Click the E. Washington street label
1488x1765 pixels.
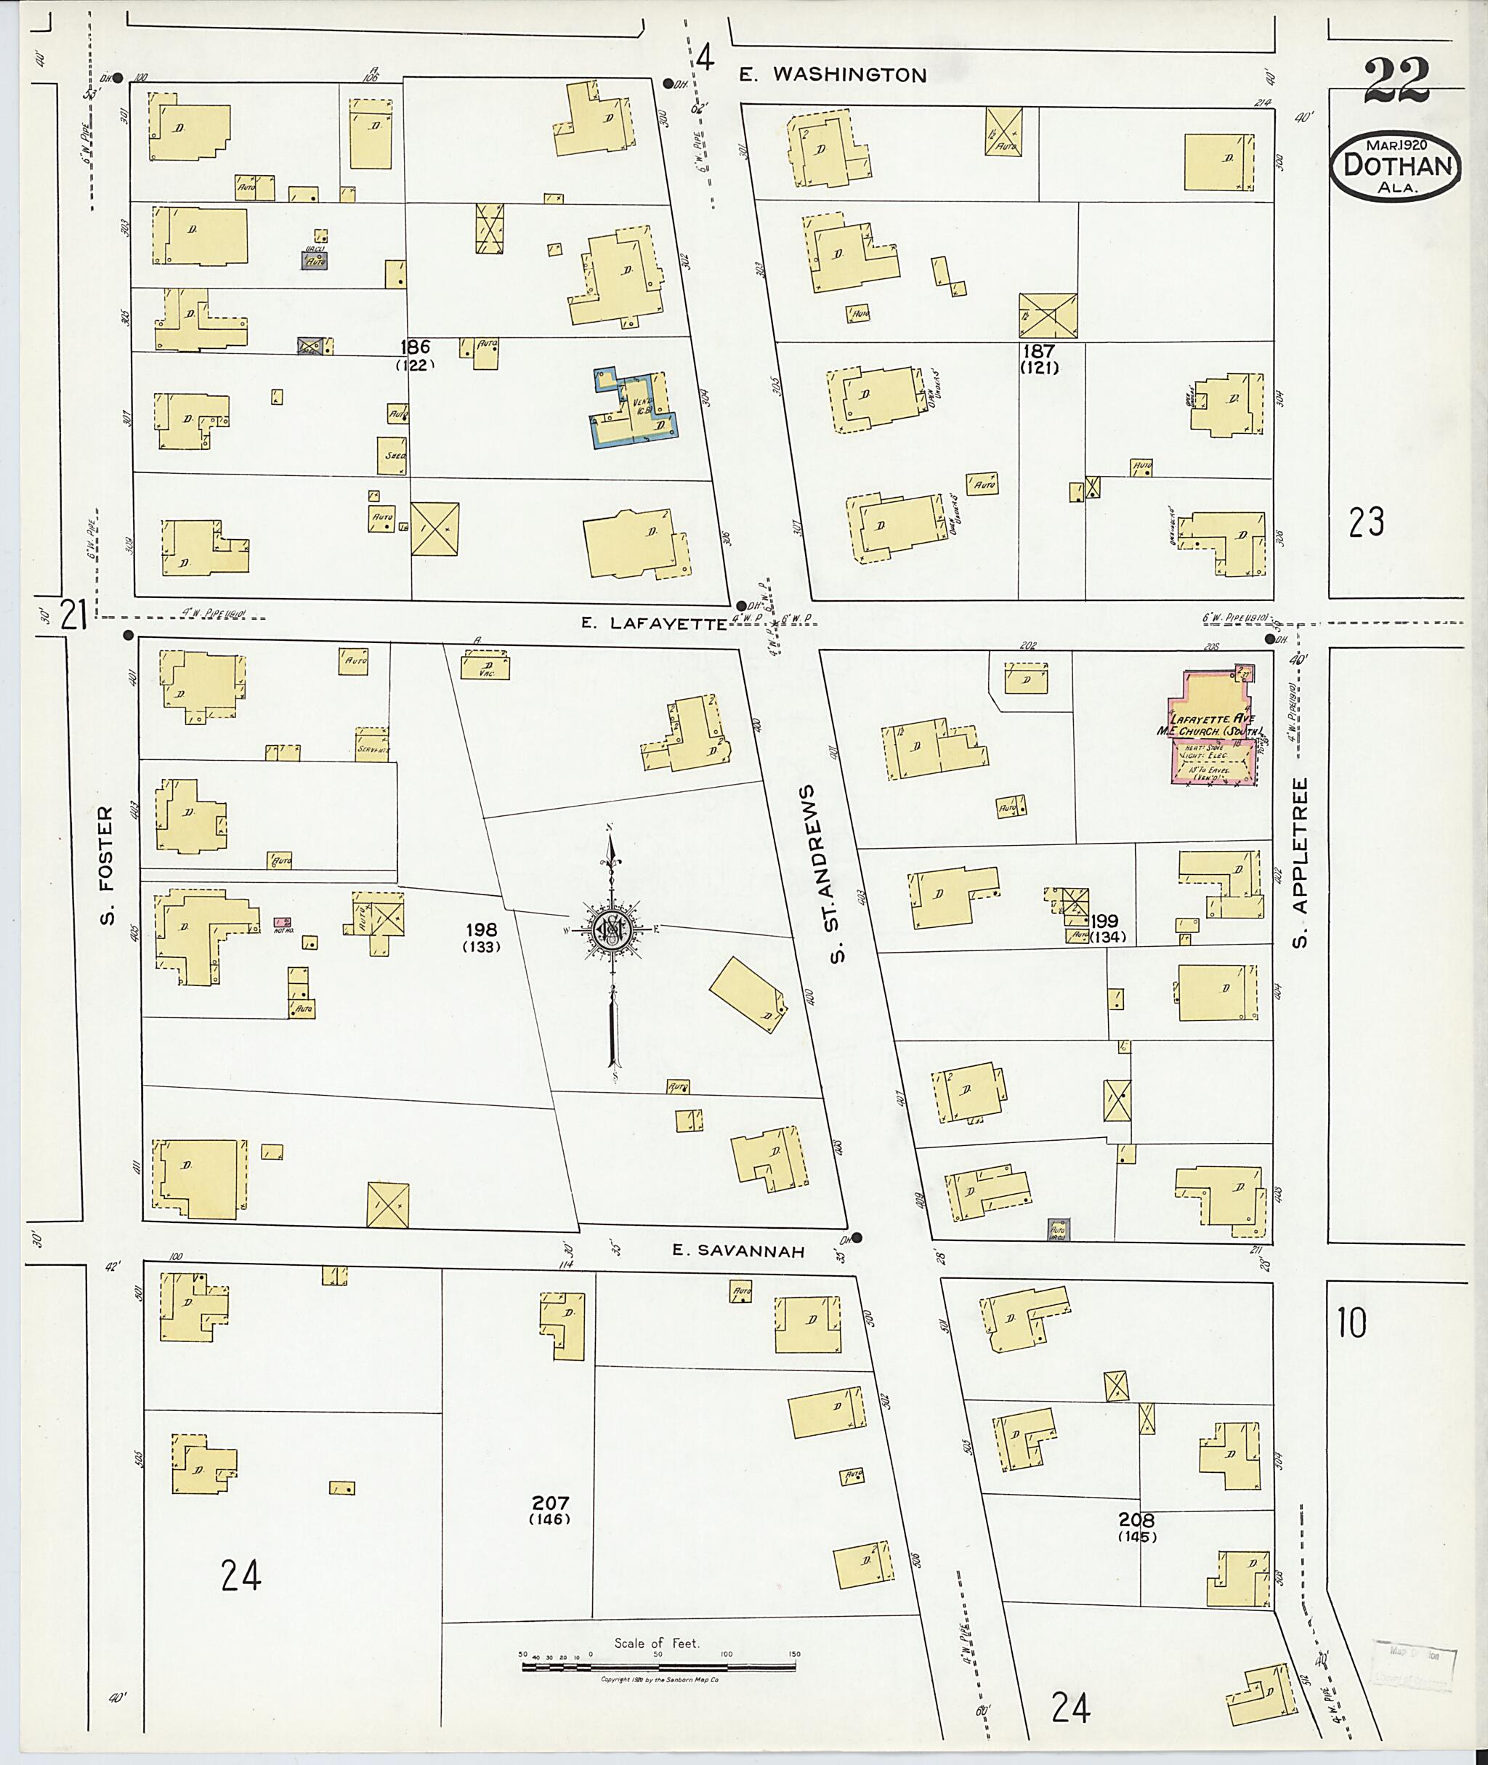pos(832,74)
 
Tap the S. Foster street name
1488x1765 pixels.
pos(105,864)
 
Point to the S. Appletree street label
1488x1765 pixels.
pos(1299,861)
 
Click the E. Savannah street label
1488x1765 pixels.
pos(738,1251)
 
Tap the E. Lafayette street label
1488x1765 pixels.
pos(654,623)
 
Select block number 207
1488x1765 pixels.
pos(550,1503)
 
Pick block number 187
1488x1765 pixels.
pos(1039,350)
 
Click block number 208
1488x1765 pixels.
pos(1136,1519)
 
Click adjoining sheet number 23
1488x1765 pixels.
pos(1366,522)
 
